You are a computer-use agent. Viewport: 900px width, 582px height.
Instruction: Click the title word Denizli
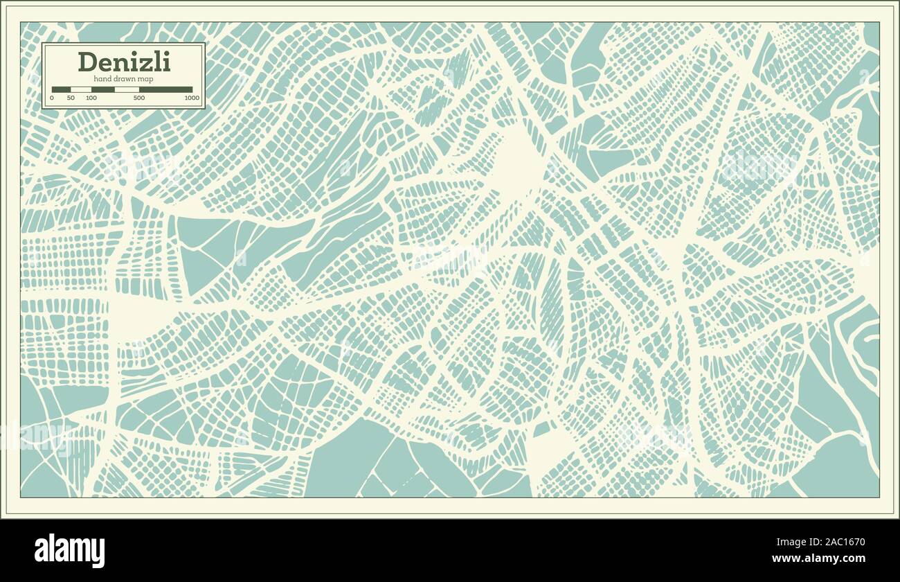click(124, 62)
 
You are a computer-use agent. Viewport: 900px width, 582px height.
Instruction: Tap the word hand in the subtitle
click(102, 79)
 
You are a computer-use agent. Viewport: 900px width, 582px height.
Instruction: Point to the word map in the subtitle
click(145, 79)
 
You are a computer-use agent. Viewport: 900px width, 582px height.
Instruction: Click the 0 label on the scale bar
click(52, 98)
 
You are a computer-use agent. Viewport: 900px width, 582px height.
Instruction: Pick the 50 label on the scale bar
click(70, 98)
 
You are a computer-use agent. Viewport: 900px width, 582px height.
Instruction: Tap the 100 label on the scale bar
click(91, 98)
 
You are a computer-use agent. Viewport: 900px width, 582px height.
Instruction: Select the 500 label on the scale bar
click(139, 98)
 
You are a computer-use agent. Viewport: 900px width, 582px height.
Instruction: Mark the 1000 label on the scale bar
click(192, 98)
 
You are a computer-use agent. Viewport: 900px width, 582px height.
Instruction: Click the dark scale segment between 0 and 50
click(61, 89)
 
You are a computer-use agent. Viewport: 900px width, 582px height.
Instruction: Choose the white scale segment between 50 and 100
click(80, 89)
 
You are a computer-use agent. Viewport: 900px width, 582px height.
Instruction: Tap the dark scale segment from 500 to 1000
click(166, 89)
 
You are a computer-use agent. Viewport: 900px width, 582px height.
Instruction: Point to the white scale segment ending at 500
click(127, 89)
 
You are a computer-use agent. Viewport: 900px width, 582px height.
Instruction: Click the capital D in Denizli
click(87, 62)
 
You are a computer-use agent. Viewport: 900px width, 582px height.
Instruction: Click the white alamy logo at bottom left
click(69, 551)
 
